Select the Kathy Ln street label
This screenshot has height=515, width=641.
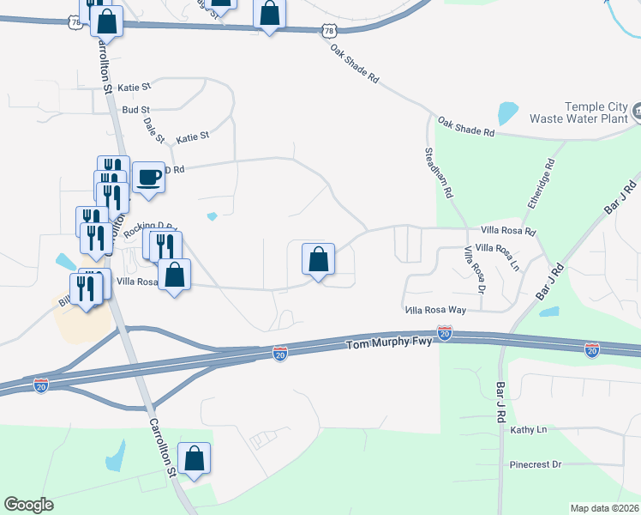point(528,429)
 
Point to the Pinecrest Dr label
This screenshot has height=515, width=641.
point(534,464)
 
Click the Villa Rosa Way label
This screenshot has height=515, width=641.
point(434,310)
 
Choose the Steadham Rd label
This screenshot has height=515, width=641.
point(438,173)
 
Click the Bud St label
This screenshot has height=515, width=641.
point(135,110)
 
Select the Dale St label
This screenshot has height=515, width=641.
point(154,130)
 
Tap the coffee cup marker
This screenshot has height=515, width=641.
point(148,178)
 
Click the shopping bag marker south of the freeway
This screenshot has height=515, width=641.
point(195,458)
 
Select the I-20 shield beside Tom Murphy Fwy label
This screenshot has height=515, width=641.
point(444,332)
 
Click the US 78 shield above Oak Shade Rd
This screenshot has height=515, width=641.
point(329,31)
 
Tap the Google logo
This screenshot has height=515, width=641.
point(28,505)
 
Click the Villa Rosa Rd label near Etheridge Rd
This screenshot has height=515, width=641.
point(507,231)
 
